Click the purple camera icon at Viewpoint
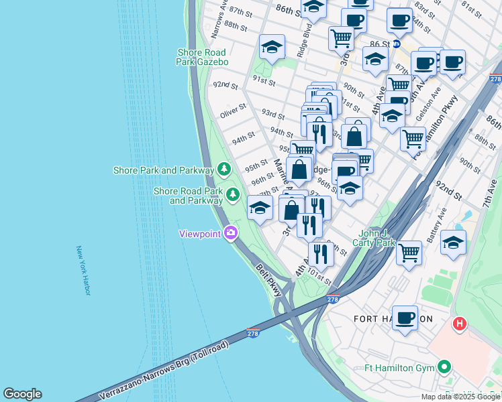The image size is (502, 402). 231,233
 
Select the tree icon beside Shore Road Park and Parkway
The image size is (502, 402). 233,195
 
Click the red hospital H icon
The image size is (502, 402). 460,324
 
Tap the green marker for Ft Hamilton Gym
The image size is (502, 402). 443,366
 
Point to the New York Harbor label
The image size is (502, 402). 83,270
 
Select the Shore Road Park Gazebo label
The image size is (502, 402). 203,57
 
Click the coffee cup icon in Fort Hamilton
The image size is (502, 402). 405,318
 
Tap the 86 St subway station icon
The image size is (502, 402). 396,44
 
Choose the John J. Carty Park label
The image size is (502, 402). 376,238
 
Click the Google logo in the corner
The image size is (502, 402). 22,394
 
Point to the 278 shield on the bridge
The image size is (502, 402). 253,333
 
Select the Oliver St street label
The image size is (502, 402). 234,111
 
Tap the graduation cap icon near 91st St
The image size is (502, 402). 272,47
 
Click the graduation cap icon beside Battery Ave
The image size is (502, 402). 454,243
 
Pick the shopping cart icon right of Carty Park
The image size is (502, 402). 409,253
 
